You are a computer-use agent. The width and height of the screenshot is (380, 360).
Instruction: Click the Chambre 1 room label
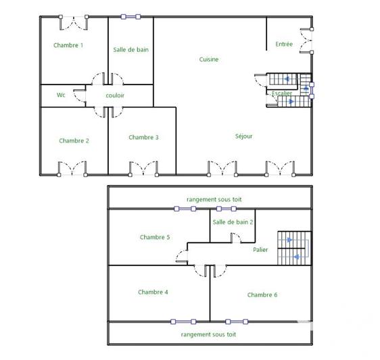click(x=68, y=45)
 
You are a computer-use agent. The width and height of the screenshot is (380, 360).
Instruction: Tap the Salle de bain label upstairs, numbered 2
click(x=233, y=222)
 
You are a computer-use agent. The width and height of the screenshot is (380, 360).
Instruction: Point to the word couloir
click(x=115, y=95)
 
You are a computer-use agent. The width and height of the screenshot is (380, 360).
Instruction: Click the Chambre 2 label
click(x=74, y=140)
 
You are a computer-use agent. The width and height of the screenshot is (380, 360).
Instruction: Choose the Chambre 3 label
click(x=143, y=137)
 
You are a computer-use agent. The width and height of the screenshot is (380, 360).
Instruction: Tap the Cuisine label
click(x=208, y=59)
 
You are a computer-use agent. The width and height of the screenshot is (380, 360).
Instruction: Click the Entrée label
click(x=284, y=45)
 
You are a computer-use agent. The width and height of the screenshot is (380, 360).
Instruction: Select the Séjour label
click(x=243, y=136)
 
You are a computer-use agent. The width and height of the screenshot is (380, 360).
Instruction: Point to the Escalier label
click(x=282, y=93)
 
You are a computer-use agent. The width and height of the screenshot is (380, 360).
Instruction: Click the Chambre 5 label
click(x=155, y=237)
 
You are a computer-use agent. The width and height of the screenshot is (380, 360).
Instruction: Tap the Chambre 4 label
click(x=153, y=292)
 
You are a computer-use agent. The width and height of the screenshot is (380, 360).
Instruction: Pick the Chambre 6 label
click(x=262, y=294)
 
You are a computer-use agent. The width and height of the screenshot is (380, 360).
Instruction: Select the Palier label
click(x=260, y=249)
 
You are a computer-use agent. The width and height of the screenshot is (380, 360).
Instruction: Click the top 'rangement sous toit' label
click(x=214, y=199)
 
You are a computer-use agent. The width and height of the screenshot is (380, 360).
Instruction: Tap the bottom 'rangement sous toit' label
click(x=208, y=334)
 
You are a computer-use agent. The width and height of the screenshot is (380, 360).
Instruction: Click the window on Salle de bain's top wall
click(x=130, y=17)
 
